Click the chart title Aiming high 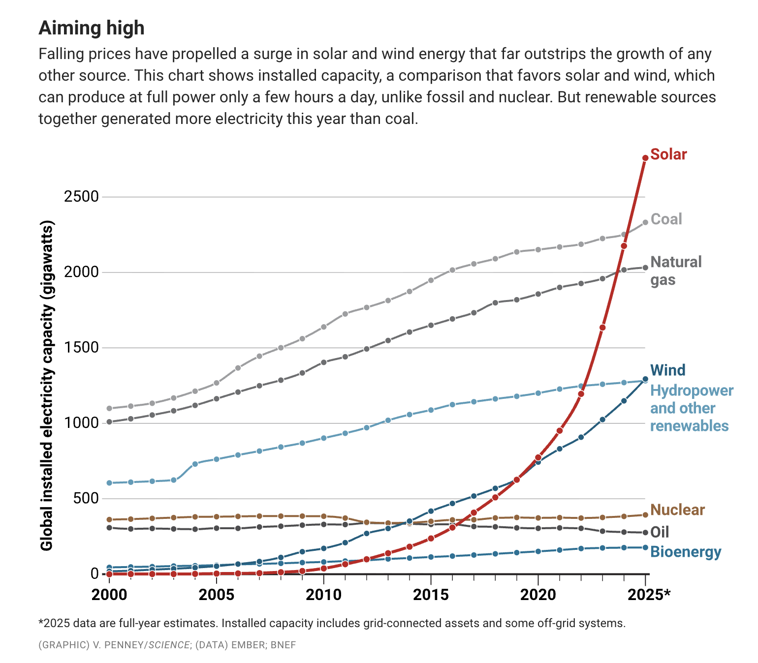(x=92, y=29)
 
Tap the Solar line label (x=668, y=154)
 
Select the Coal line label (x=666, y=219)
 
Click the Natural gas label (x=676, y=271)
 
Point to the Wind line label (x=667, y=370)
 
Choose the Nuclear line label (x=677, y=510)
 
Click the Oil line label (x=660, y=532)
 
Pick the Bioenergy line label (x=686, y=552)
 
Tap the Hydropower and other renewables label (x=691, y=408)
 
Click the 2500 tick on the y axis (x=81, y=197)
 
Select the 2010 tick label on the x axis (x=323, y=595)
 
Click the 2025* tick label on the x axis (x=649, y=595)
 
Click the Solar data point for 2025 (x=645, y=158)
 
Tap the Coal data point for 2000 (x=109, y=408)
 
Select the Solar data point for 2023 (x=602, y=328)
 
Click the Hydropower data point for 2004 (x=195, y=464)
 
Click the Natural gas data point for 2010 (x=324, y=362)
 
